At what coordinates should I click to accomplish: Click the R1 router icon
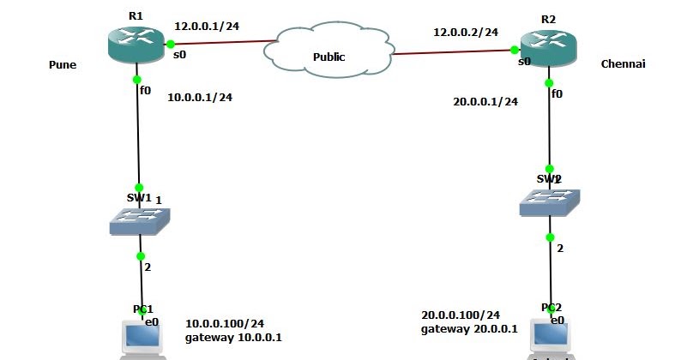(x=136, y=44)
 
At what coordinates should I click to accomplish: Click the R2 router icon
(x=549, y=49)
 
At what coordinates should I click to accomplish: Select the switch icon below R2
(x=549, y=203)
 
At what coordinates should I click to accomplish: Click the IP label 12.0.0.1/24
(x=206, y=27)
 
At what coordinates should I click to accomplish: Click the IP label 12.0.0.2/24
(x=466, y=32)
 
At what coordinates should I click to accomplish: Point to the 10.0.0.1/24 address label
(x=200, y=97)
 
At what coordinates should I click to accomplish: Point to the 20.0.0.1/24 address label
(x=485, y=101)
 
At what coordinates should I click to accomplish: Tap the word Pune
(x=63, y=64)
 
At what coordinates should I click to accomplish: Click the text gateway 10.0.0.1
(x=233, y=338)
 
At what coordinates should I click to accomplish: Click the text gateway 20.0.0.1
(x=469, y=329)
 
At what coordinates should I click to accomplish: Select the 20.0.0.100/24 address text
(x=461, y=315)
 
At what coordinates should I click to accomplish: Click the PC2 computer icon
(x=550, y=338)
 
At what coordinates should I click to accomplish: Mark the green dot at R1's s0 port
(x=171, y=44)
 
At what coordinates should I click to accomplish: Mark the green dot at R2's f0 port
(x=549, y=82)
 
